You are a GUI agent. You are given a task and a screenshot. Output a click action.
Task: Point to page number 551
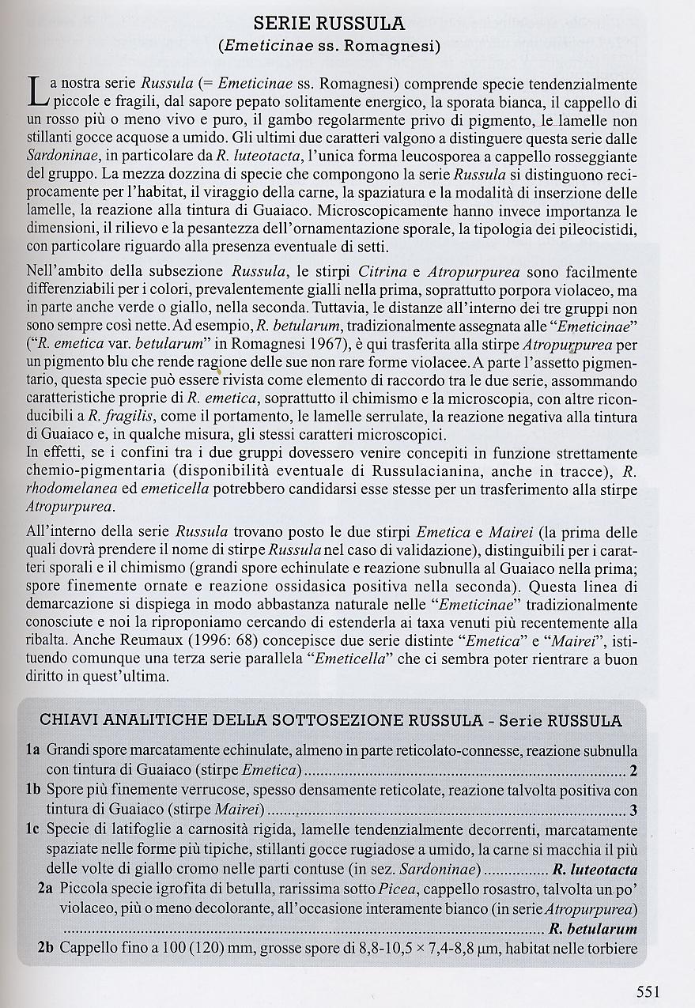tap(648, 991)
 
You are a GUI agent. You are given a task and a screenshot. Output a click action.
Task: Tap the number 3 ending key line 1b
tap(633, 810)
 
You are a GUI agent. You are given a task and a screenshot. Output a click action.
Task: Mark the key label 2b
tap(46, 948)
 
